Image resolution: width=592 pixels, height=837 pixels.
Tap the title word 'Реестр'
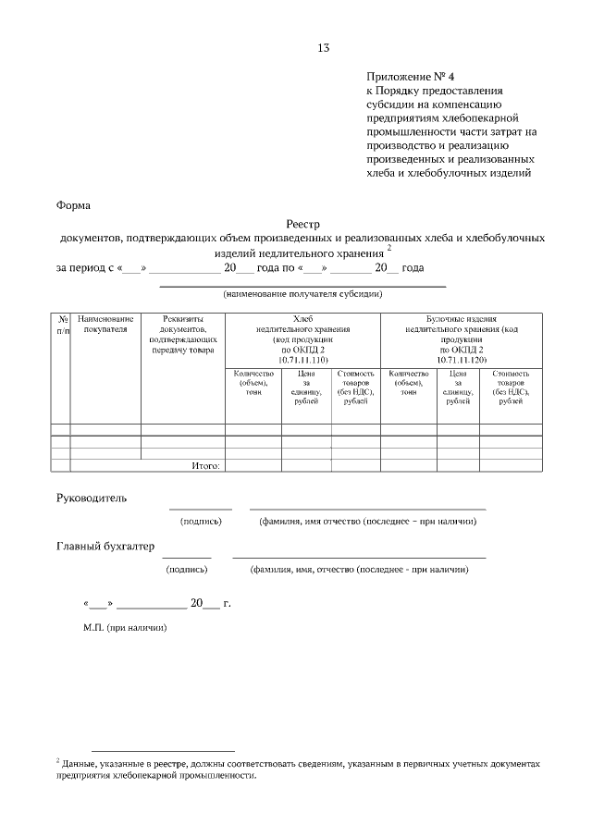click(x=301, y=224)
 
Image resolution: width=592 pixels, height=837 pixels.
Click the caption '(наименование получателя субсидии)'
click(x=302, y=295)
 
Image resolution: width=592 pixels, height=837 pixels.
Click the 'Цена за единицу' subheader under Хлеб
click(x=306, y=388)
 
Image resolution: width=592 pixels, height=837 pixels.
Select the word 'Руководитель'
click(x=92, y=498)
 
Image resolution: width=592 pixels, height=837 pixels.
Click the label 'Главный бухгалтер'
click(x=105, y=546)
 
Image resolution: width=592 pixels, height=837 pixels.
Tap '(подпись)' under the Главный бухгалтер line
click(x=186, y=570)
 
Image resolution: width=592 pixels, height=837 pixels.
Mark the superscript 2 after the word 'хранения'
click(x=390, y=248)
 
